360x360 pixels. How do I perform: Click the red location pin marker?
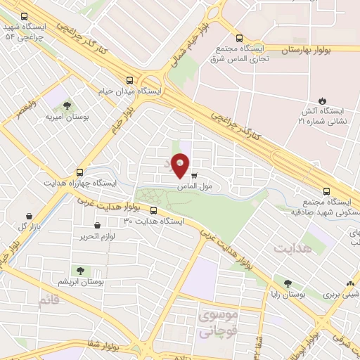coord(181,165)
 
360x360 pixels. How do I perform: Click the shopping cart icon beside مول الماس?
coord(194,176)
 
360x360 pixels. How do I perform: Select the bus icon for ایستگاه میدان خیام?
coord(129,80)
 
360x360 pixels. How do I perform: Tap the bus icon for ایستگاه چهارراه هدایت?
coord(79,171)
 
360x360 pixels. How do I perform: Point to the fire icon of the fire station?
coord(323,101)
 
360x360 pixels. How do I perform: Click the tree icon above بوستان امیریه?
coord(58,103)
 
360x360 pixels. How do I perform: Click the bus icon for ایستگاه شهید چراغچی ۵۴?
coord(25,16)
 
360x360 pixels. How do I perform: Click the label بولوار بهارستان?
coord(311,51)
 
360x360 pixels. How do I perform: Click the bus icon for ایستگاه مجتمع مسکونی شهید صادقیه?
coord(326,191)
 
